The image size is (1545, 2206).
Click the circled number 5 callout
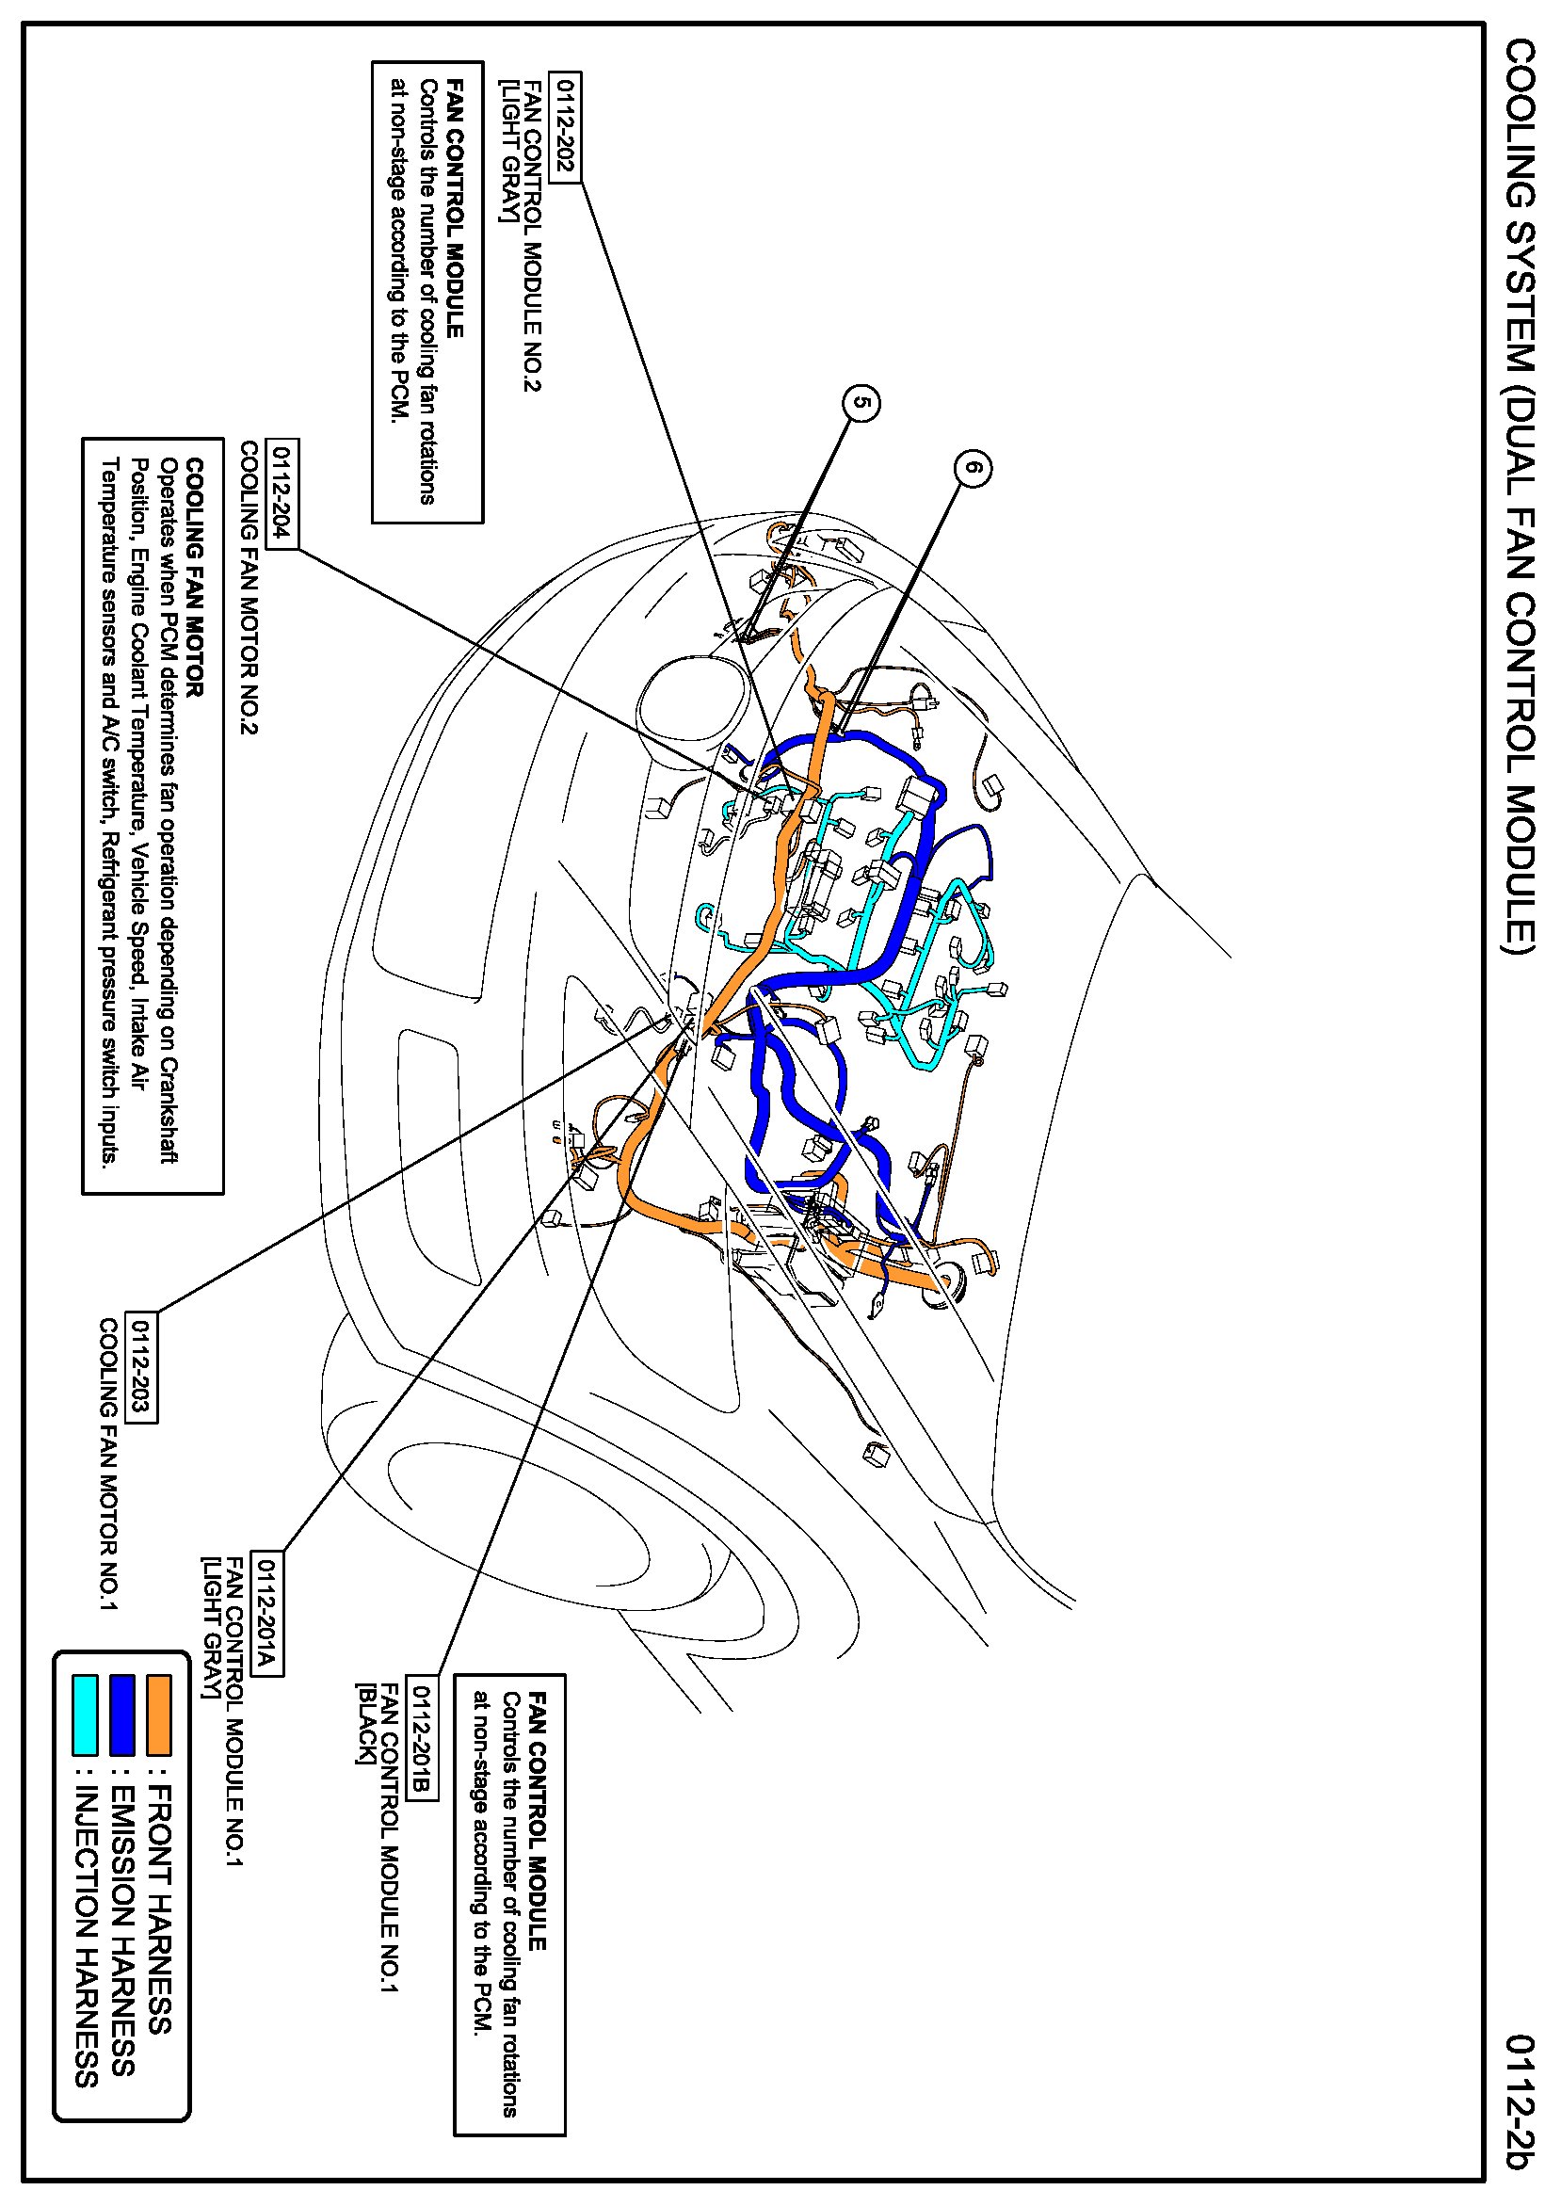coord(861,403)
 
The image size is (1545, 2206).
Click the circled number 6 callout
coord(974,468)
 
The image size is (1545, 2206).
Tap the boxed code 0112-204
coord(282,494)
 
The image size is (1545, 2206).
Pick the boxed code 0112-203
coord(141,1366)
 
